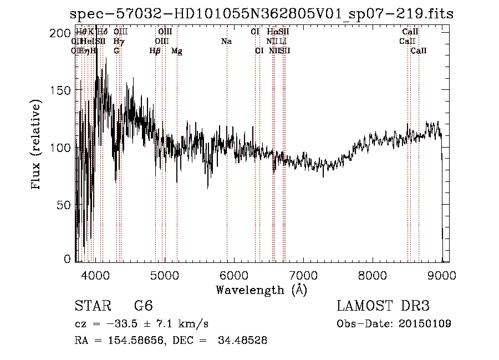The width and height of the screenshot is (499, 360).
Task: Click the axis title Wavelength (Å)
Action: [x=261, y=290]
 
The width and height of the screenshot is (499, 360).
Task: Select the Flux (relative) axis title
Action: [x=37, y=145]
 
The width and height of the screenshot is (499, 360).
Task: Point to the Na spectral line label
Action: [x=226, y=41]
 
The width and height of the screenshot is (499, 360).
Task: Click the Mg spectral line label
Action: [x=177, y=51]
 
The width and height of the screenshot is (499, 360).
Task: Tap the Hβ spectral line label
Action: [x=155, y=51]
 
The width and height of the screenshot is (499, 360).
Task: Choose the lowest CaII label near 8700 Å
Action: [x=419, y=51]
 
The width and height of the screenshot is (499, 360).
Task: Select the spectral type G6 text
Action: [x=143, y=306]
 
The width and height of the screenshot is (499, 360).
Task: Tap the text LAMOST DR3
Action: [x=383, y=306]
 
